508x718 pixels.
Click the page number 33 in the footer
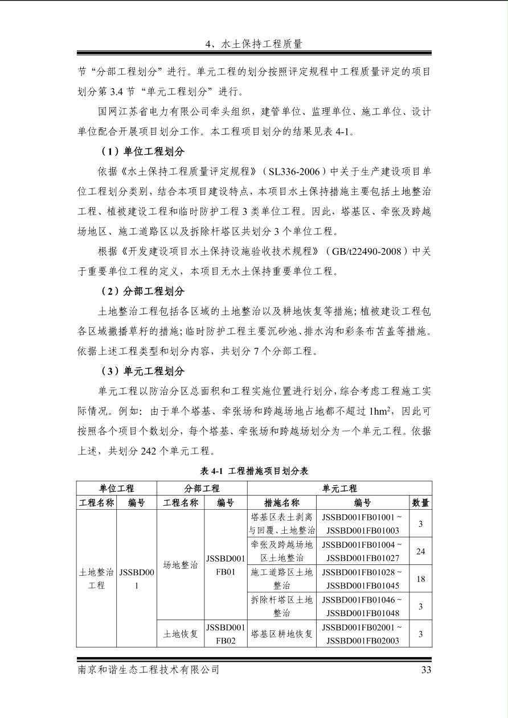pyautogui.click(x=425, y=670)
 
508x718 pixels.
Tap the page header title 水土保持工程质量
pyautogui.click(x=253, y=43)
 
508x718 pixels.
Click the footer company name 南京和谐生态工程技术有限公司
pyautogui.click(x=149, y=670)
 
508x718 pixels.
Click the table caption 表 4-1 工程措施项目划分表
pyautogui.click(x=254, y=471)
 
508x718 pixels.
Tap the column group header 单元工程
pyautogui.click(x=339, y=488)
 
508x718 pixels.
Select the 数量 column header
pyautogui.click(x=420, y=503)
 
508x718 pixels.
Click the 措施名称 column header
pyautogui.click(x=282, y=503)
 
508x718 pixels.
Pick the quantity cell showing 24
pyautogui.click(x=420, y=551)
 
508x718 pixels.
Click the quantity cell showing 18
pyautogui.click(x=420, y=579)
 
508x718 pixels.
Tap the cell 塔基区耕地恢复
pyautogui.click(x=282, y=634)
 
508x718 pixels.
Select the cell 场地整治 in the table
pyautogui.click(x=180, y=565)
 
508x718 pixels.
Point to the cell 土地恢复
pyautogui.click(x=180, y=634)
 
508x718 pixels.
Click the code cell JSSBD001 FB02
pyautogui.click(x=226, y=634)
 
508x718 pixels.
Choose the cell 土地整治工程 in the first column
pyautogui.click(x=97, y=578)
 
